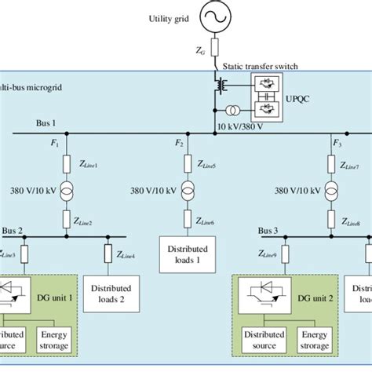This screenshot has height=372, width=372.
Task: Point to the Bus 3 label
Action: (x=271, y=232)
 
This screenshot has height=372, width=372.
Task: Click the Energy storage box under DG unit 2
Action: (x=314, y=341)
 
